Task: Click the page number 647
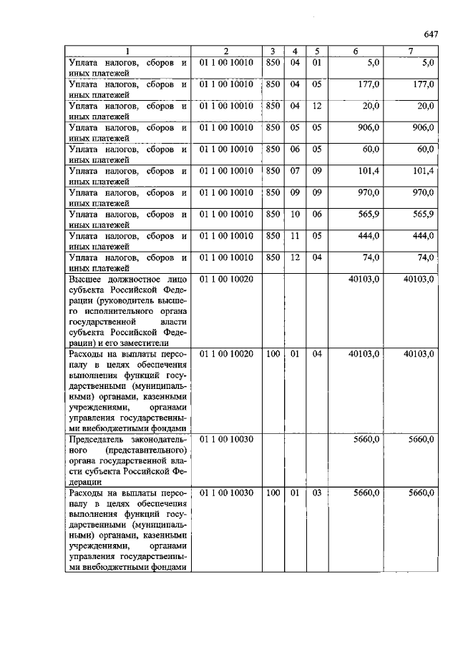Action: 429,34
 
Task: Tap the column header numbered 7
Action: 411,51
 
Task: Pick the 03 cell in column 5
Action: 318,493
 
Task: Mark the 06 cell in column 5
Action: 318,214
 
